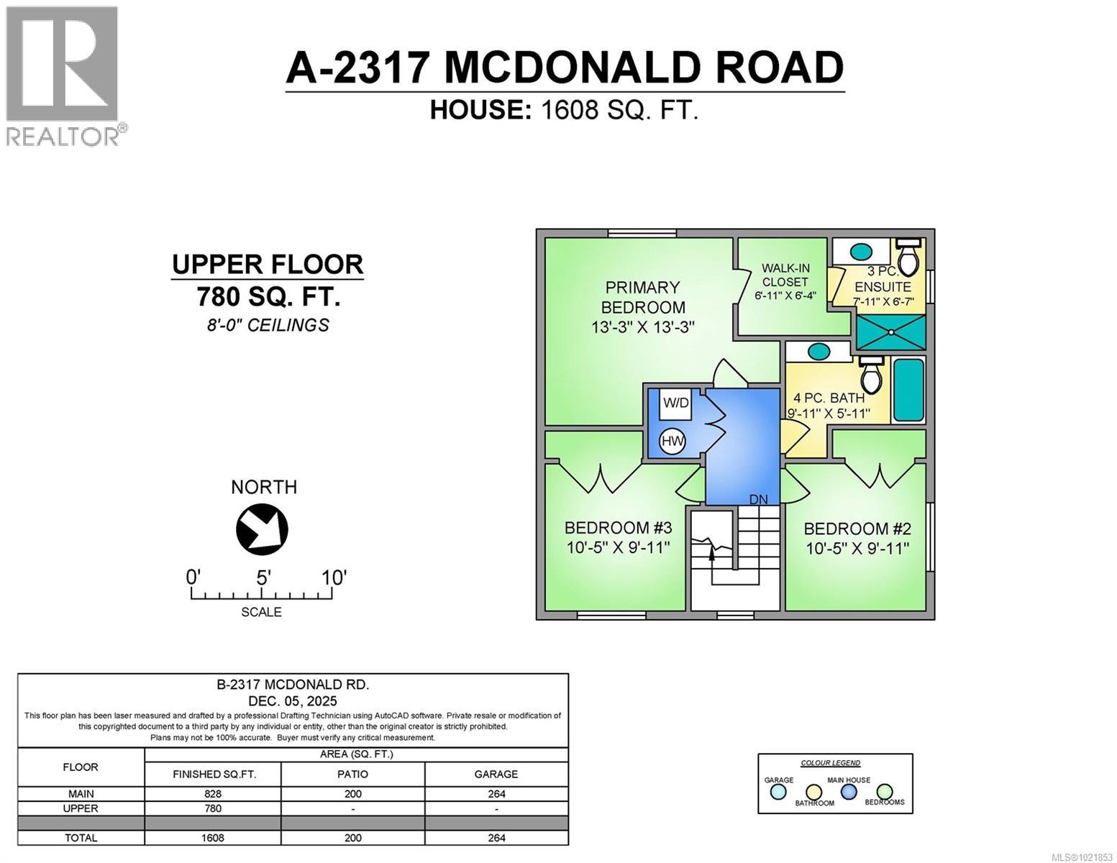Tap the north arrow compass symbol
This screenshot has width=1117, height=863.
point(262,531)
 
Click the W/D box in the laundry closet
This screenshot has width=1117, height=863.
point(675,403)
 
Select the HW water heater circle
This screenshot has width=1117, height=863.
point(673,441)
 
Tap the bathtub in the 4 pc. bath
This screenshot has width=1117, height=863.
point(908,390)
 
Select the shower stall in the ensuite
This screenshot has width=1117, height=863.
point(890,332)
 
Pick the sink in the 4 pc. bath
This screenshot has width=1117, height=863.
point(817,352)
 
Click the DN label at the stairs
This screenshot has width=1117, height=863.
point(758,499)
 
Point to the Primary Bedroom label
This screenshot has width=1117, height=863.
point(642,297)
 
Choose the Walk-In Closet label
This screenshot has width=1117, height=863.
point(785,275)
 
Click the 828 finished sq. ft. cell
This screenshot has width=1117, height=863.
point(213,794)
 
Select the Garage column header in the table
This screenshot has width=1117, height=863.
point(496,774)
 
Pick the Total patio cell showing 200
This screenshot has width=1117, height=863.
point(352,838)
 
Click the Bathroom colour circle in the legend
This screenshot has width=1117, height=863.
point(813,792)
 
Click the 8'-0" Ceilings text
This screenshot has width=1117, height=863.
point(268,325)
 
